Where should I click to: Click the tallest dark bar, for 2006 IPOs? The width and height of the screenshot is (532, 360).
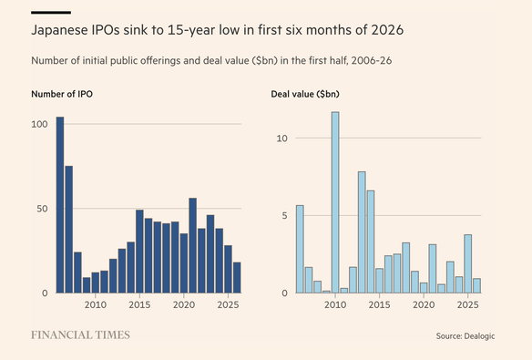pos(60,205)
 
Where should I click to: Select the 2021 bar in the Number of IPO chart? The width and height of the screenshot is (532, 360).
pos(193,245)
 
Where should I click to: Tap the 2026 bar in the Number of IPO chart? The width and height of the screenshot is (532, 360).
pos(237,278)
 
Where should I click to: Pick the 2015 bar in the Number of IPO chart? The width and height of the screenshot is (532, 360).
pos(139,252)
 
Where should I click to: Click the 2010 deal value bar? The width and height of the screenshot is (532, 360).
pos(335,202)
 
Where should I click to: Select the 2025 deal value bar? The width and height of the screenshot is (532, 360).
pos(468,263)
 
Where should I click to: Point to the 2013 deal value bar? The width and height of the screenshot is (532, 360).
pos(362,232)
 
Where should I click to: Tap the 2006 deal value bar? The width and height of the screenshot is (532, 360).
pos(300,249)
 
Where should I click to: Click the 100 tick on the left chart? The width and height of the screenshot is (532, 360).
pos(39,124)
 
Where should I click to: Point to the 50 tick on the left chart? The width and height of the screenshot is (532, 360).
pos(42,209)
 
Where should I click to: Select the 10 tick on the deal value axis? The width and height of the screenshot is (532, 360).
pos(282,139)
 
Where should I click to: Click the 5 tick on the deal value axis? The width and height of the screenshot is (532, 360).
pos(284,215)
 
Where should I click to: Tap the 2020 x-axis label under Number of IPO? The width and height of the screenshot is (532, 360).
pos(184,304)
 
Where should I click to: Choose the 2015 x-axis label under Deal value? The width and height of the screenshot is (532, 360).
pos(379,304)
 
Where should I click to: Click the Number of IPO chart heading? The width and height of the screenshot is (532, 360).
pos(62,94)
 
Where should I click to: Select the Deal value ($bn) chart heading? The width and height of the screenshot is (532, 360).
pos(305,94)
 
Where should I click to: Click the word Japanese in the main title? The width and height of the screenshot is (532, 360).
pos(60,30)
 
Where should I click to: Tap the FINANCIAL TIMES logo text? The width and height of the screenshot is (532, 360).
pos(80,334)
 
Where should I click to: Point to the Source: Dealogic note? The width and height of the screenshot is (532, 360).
pos(465,336)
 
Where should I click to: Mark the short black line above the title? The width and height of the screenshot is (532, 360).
pos(51,13)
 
